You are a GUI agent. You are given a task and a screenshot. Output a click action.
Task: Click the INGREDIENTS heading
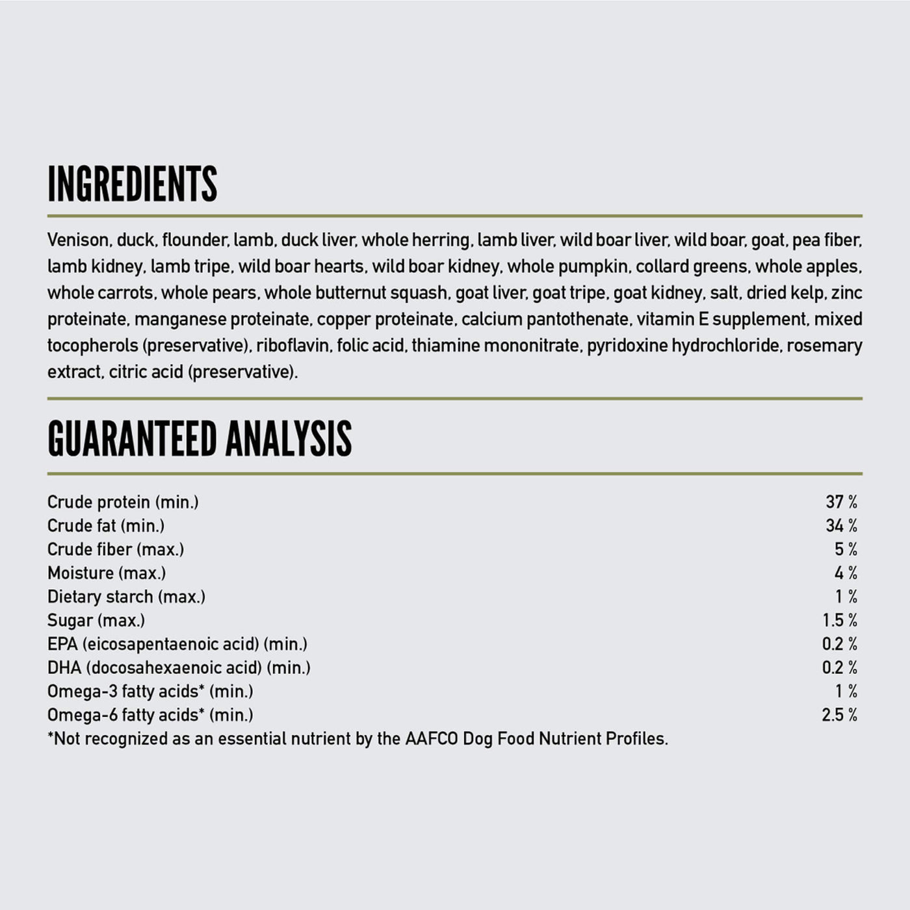pos(132,184)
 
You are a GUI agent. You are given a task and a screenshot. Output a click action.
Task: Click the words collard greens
pos(692,266)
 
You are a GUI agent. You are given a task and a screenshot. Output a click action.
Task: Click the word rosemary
pos(824,346)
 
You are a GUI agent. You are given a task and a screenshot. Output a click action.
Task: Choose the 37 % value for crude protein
pos(841,502)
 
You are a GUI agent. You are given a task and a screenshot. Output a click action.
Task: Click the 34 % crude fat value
pos(841,525)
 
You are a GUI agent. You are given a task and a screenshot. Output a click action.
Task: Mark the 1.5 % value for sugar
pos(839,620)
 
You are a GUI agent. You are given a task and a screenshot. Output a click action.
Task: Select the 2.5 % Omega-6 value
pos(839,715)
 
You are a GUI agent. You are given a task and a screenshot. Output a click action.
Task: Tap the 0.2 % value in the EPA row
pos(839,643)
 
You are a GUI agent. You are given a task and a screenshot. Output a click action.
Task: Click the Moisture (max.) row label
pos(107,573)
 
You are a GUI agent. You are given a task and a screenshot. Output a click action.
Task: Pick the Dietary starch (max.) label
pos(126,597)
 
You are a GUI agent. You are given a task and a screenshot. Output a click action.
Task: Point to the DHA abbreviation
pos(64,668)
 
